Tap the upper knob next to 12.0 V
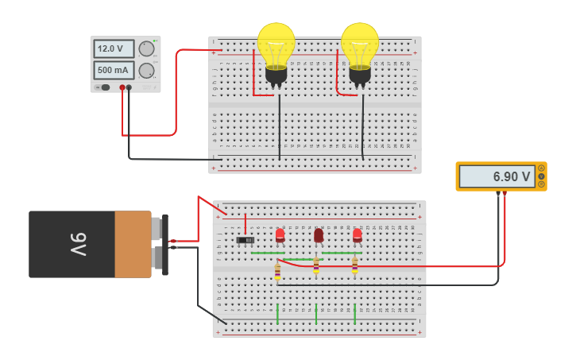[147, 48]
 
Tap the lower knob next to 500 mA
[147, 71]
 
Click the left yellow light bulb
[276, 46]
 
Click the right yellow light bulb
[360, 46]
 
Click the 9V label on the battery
[78, 244]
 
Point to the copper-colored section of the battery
[133, 244]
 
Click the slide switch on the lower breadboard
[245, 239]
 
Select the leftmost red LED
[280, 235]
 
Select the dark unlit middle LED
[319, 235]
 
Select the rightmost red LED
[357, 235]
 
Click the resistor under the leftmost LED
[277, 272]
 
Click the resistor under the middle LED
[316, 266]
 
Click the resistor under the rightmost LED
[354, 266]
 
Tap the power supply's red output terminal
[122, 87]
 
